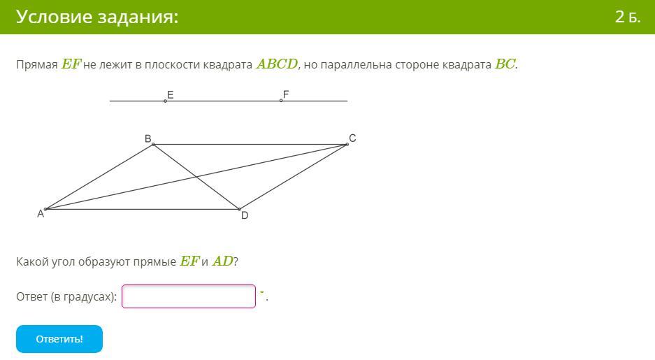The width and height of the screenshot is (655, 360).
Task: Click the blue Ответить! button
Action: (x=59, y=339)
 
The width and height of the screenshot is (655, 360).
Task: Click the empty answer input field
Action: (x=189, y=296)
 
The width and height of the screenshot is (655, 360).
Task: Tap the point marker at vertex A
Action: (x=45, y=209)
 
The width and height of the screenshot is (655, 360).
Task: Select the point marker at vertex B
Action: (x=153, y=145)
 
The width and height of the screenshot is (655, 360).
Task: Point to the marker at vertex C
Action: (x=347, y=145)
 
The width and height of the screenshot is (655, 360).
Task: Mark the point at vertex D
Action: (x=239, y=209)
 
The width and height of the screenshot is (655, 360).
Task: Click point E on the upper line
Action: (x=166, y=101)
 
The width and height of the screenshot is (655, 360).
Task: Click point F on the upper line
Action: (x=281, y=101)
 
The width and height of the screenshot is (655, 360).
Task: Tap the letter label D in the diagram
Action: (x=245, y=215)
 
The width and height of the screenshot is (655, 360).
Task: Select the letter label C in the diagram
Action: (x=352, y=138)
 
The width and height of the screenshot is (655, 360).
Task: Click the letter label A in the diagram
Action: (x=41, y=214)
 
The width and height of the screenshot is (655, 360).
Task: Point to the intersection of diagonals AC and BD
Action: (x=196, y=177)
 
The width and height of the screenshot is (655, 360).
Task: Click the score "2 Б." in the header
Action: (x=628, y=17)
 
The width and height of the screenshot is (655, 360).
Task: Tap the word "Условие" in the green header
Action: (x=55, y=17)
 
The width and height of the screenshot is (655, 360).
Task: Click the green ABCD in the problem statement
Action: (x=277, y=64)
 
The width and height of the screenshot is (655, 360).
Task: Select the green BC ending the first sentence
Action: (x=505, y=64)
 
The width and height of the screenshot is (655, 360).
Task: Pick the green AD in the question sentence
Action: (x=223, y=261)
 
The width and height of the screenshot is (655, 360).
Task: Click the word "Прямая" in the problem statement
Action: (x=37, y=65)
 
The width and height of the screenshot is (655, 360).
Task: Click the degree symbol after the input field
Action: (x=262, y=292)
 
